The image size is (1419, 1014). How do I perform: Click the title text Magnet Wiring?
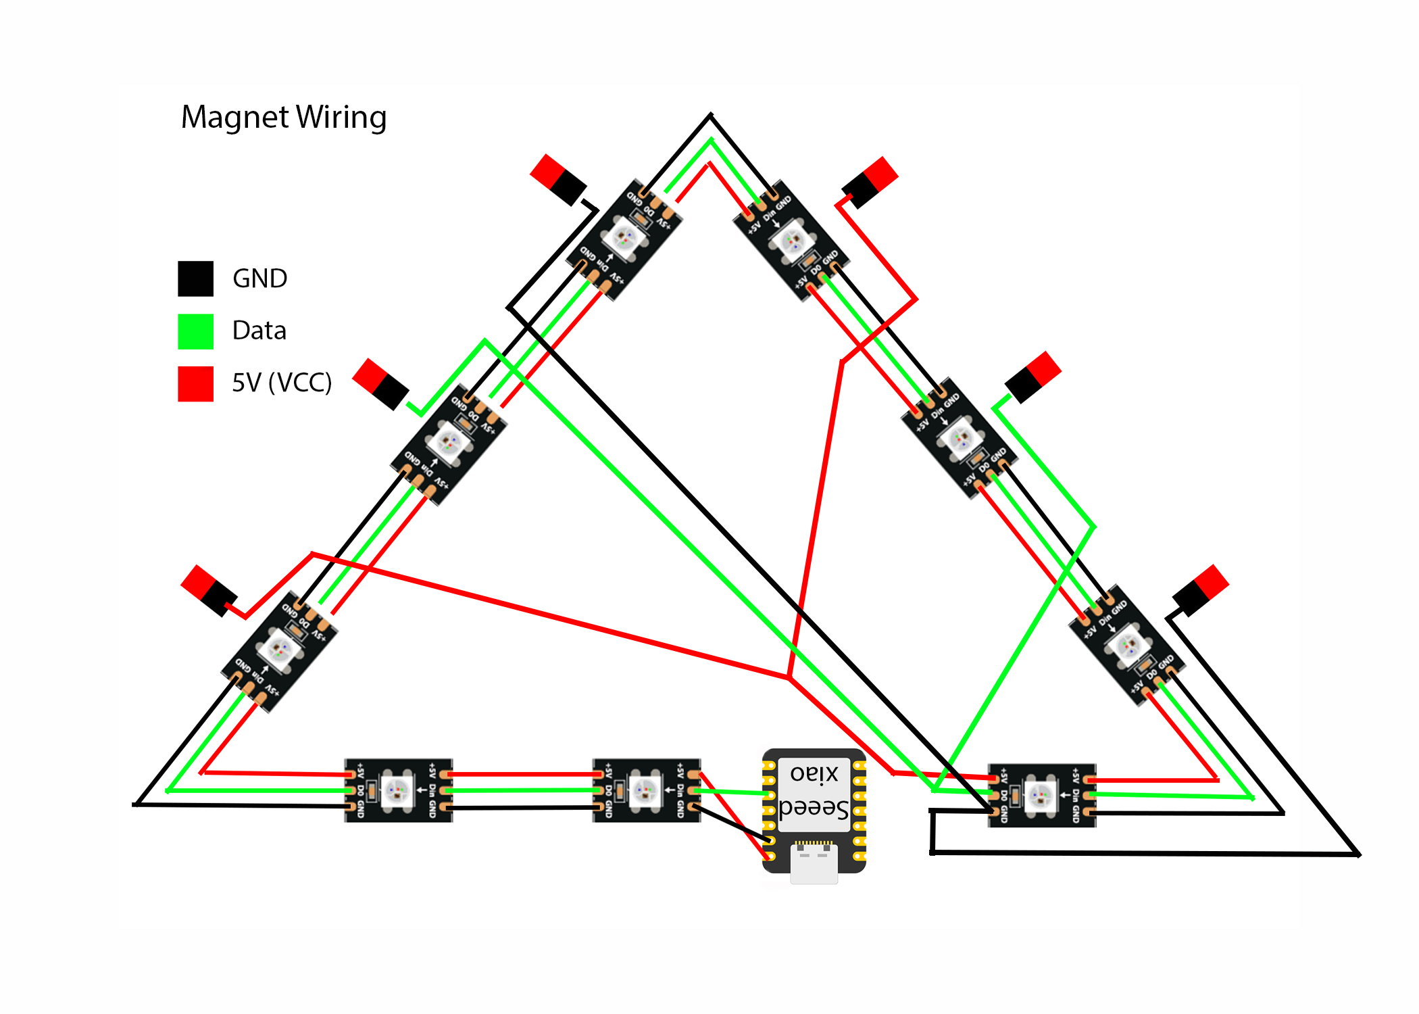point(284,117)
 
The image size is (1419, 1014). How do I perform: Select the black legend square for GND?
point(195,279)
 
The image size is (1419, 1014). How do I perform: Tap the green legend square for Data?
point(195,331)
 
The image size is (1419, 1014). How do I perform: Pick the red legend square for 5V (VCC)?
point(195,383)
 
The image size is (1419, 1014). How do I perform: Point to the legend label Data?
point(259,331)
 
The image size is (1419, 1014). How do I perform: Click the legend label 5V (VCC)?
point(282,383)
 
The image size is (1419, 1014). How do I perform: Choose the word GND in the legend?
point(259,279)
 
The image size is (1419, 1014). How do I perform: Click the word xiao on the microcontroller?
point(814,773)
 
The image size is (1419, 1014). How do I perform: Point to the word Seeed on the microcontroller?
point(814,808)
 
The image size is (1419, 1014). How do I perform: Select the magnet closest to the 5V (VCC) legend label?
point(380,384)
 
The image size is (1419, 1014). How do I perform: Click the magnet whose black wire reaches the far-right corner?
point(1201,590)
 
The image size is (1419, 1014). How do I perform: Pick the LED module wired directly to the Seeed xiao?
point(646,790)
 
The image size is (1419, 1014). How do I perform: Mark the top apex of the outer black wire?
point(710,116)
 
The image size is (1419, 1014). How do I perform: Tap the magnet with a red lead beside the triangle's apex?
point(870,182)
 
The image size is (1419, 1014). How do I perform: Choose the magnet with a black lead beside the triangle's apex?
point(558,179)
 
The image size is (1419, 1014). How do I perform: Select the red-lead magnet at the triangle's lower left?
point(209,590)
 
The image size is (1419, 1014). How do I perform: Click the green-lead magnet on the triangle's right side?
point(1032,377)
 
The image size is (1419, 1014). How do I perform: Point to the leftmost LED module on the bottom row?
point(398,790)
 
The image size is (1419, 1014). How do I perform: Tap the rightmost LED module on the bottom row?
point(1041,796)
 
